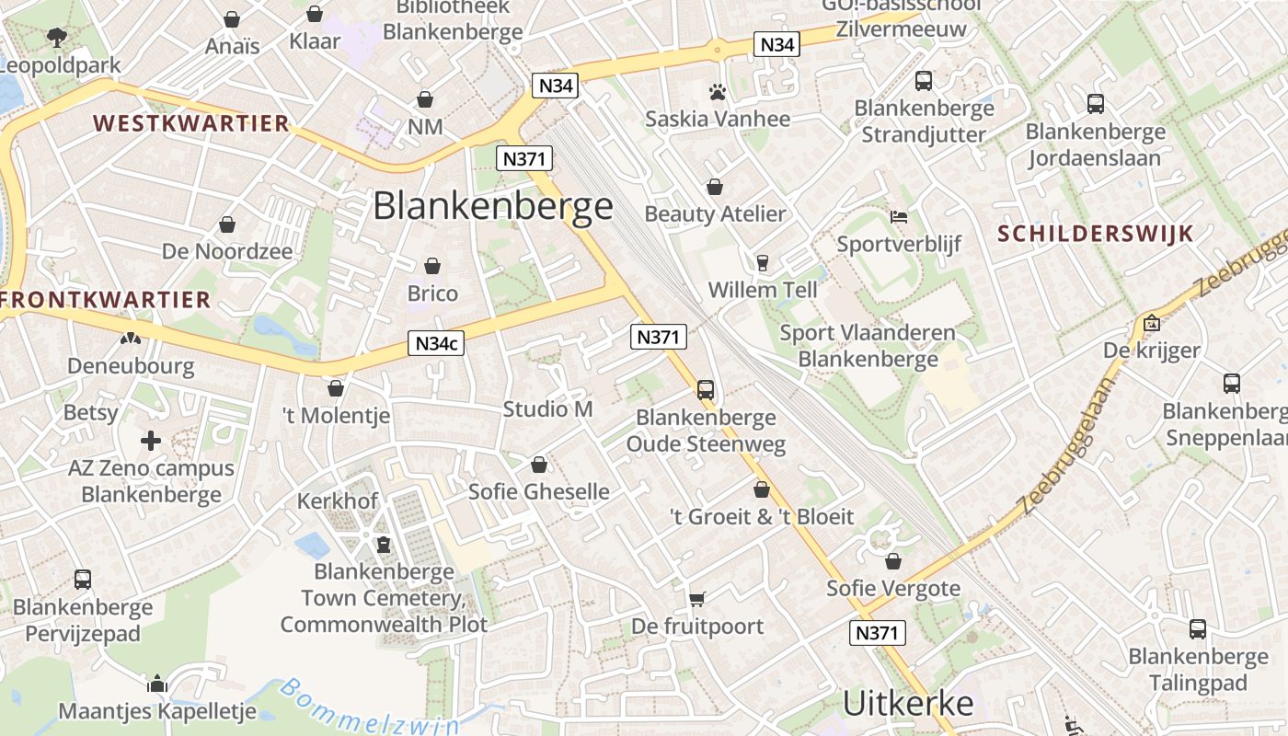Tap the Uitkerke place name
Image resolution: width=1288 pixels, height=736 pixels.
pos(908,704)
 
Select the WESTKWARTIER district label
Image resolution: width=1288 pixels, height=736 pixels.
pos(191,123)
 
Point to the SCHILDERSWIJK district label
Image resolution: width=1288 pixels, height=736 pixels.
pos(1095,234)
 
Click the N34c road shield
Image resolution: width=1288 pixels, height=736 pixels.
pos(436,343)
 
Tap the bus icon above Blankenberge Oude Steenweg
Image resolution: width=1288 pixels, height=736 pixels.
pos(706,389)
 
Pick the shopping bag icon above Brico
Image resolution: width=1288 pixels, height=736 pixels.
pos(432,266)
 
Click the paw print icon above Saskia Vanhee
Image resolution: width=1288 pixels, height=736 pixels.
pos(718,91)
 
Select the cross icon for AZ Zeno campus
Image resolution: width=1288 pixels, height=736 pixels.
pos(151,441)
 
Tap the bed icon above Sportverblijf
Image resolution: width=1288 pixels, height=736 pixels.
pos(899,217)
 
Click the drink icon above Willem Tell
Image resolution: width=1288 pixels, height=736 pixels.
pos(762,263)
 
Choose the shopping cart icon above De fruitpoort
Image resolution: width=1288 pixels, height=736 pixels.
pos(697,599)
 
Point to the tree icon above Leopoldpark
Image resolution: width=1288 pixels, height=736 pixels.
pos(57,38)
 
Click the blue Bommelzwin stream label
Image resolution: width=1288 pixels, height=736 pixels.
pos(368,712)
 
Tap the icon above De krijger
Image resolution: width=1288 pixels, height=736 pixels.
pos(1151,323)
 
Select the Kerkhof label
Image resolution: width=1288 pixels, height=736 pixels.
pos(338,501)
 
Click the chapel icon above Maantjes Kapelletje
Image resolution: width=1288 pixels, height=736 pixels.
pos(157,684)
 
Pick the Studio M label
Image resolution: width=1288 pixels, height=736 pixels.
pos(548,409)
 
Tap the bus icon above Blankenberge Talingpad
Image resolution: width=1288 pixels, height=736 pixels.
pos(1198,629)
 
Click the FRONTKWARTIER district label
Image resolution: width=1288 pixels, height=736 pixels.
pos(106,300)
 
